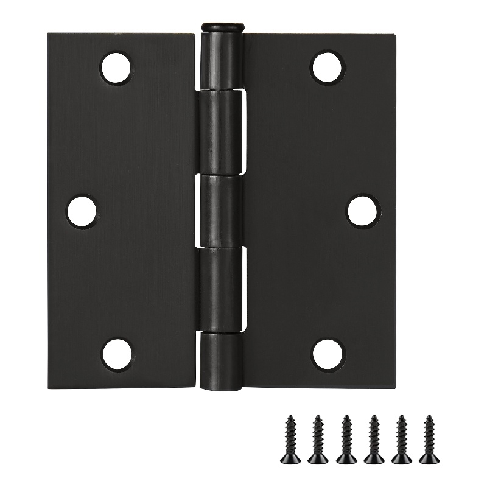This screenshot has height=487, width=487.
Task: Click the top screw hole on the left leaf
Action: tap(116, 67)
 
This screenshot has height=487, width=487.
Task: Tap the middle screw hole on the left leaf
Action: tap(82, 212)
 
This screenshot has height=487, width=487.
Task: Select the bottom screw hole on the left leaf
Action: tap(116, 354)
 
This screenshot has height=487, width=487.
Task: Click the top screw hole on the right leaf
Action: tap(327, 65)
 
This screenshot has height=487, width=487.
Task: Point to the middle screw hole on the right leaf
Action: tap(363, 210)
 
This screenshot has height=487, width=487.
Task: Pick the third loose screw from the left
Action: tap(345, 438)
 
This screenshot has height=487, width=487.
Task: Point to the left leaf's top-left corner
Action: tap(49, 35)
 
